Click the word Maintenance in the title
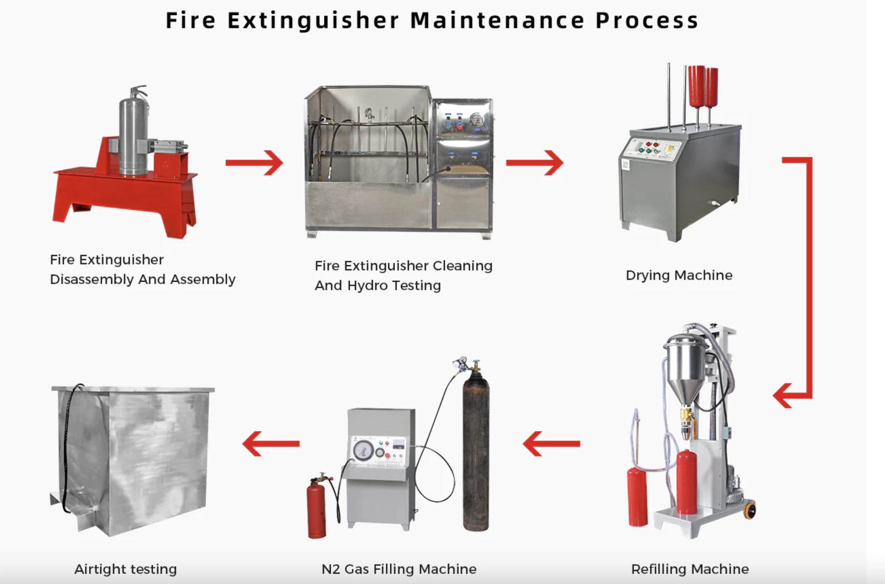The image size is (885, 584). coord(497,21)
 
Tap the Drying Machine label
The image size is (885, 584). coord(679,275)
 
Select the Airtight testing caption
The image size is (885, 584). coord(125,569)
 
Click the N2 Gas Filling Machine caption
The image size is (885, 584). coord(399,569)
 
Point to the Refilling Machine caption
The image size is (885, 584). coord(690,569)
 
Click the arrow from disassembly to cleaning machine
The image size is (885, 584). coord(254,163)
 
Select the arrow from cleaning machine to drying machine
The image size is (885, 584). coord(534,163)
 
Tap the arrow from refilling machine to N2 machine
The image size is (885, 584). coord(551,444)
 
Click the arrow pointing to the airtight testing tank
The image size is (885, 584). coord(271,444)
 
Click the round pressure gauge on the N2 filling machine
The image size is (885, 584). coord(363,450)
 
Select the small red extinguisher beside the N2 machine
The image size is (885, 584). coord(316,511)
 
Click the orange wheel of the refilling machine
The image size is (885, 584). coord(750,511)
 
